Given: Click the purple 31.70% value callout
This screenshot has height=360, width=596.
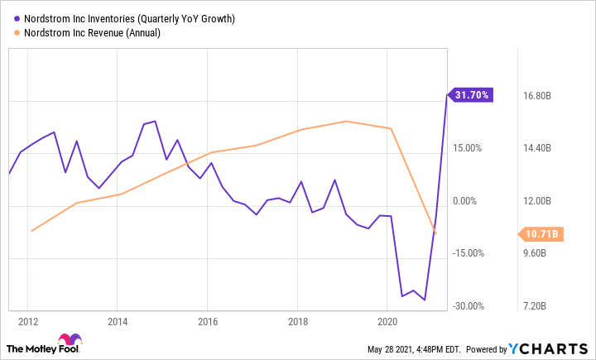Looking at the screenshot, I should pyautogui.click(x=472, y=95).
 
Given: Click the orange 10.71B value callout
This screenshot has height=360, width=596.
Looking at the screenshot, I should pyautogui.click(x=541, y=234).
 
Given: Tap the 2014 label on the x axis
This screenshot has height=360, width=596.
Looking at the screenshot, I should pyautogui.click(x=118, y=321).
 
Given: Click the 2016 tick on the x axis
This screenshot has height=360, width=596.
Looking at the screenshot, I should pyautogui.click(x=207, y=321).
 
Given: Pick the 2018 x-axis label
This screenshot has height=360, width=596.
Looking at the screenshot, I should pyautogui.click(x=297, y=321).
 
